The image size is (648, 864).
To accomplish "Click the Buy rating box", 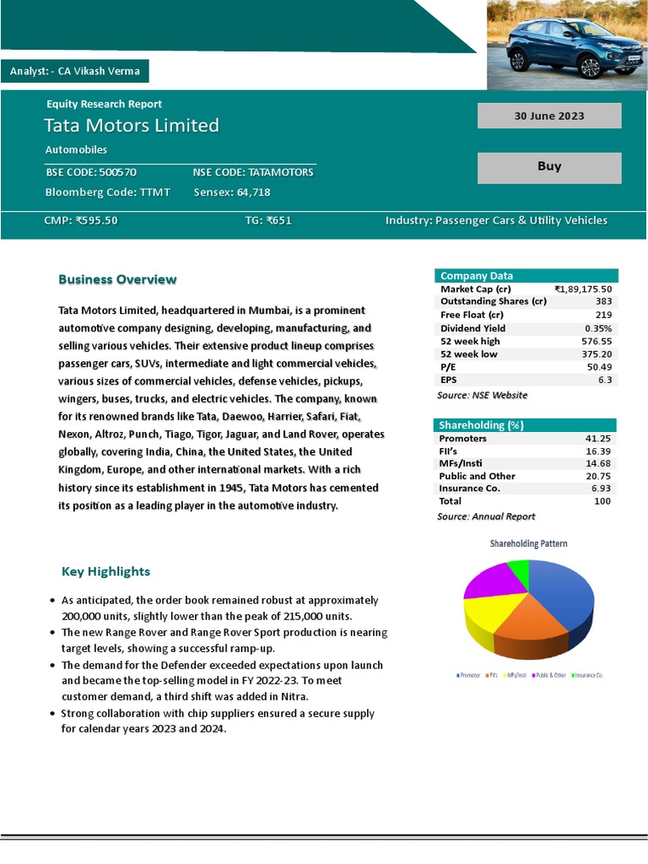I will tap(549, 167).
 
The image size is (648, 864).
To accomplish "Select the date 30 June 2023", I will tap(549, 116).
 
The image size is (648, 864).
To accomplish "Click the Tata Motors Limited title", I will tap(132, 126).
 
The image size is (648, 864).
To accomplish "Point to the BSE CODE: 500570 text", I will tap(91, 172).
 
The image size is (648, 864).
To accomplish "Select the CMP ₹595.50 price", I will tap(81, 221).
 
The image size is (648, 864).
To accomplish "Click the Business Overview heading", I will tap(117, 279).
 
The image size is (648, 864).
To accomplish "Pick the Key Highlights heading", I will tap(105, 571).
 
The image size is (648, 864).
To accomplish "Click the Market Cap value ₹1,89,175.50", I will tap(583, 289).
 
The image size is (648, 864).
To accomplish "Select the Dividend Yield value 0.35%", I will tap(598, 328).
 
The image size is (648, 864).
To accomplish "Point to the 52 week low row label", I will tap(469, 354).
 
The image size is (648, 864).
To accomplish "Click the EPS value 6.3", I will tap(604, 380).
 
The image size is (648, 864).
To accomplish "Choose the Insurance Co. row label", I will tap(469, 489).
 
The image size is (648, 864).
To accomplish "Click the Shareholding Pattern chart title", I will tap(528, 543).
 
